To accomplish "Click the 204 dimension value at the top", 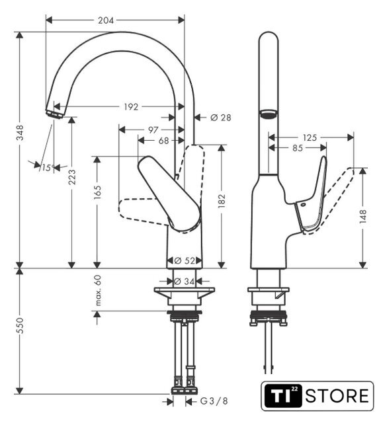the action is pyautogui.click(x=106, y=20).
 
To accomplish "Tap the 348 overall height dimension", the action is pyautogui.click(x=21, y=132).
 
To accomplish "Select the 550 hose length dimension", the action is pyautogui.click(x=21, y=326).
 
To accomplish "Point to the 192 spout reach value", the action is pyautogui.click(x=131, y=107).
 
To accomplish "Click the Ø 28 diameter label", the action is pyautogui.click(x=221, y=118).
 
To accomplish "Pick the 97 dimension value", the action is pyautogui.click(x=153, y=130).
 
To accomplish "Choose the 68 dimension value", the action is pyautogui.click(x=163, y=141).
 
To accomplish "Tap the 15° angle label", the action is pyautogui.click(x=48, y=168).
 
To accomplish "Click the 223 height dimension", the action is pyautogui.click(x=72, y=177).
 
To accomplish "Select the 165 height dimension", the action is pyautogui.click(x=97, y=192).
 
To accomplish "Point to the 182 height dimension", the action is pyautogui.click(x=222, y=201).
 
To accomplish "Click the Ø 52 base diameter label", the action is pyautogui.click(x=185, y=260).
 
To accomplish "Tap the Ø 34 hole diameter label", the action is pyautogui.click(x=184, y=282).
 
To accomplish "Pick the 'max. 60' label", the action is pyautogui.click(x=98, y=290).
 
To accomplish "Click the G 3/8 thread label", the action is pyautogui.click(x=214, y=401).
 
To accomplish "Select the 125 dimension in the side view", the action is pyautogui.click(x=310, y=137).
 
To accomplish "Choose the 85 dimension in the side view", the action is pyautogui.click(x=297, y=148).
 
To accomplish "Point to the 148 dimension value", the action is pyautogui.click(x=363, y=216).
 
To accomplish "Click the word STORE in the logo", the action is pyautogui.click(x=337, y=396).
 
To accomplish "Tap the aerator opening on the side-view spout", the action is pyautogui.click(x=268, y=113).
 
